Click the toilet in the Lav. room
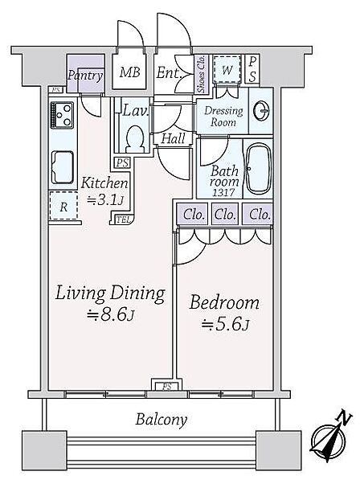[x=135, y=140]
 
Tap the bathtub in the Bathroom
[x=259, y=169]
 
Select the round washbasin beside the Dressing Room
[x=261, y=111]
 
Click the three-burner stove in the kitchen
[x=62, y=115]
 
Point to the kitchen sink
[x=63, y=167]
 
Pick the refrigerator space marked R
[x=63, y=206]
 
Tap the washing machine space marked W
[x=227, y=69]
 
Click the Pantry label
[x=85, y=75]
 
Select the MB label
[x=129, y=72]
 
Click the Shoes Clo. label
[x=202, y=74]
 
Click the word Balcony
[x=162, y=420]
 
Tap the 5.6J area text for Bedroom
[x=226, y=324]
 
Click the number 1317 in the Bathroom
[x=224, y=192]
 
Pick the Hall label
[x=173, y=138]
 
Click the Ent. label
[x=170, y=73]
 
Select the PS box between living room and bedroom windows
[x=167, y=386]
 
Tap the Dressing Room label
[x=223, y=117]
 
